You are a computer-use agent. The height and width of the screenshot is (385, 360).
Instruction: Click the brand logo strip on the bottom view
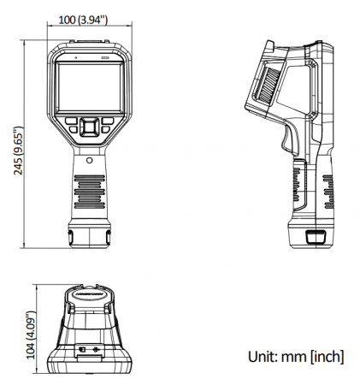point(90,293)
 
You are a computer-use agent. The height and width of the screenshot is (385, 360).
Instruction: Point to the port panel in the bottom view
point(89,351)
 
